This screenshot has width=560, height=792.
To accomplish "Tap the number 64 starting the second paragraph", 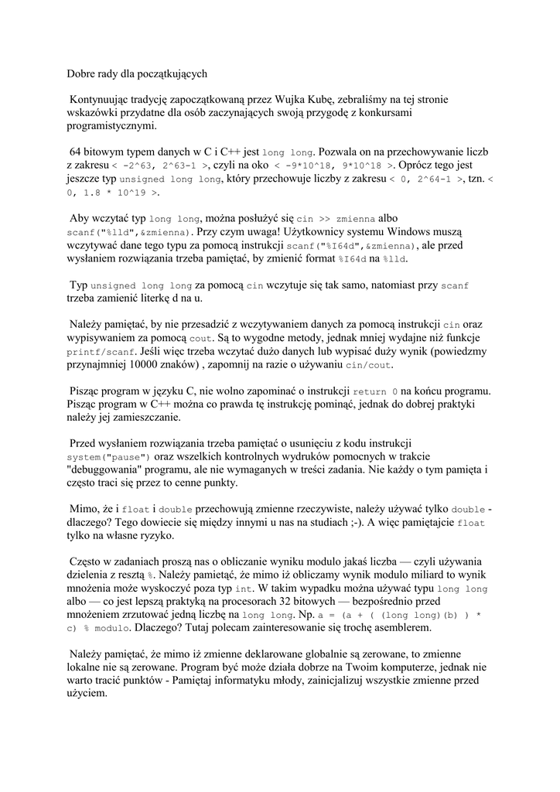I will [x=77, y=152].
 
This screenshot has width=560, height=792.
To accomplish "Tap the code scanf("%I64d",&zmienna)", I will [x=347, y=246].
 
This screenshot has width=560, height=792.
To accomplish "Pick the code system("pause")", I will [x=114, y=458].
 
